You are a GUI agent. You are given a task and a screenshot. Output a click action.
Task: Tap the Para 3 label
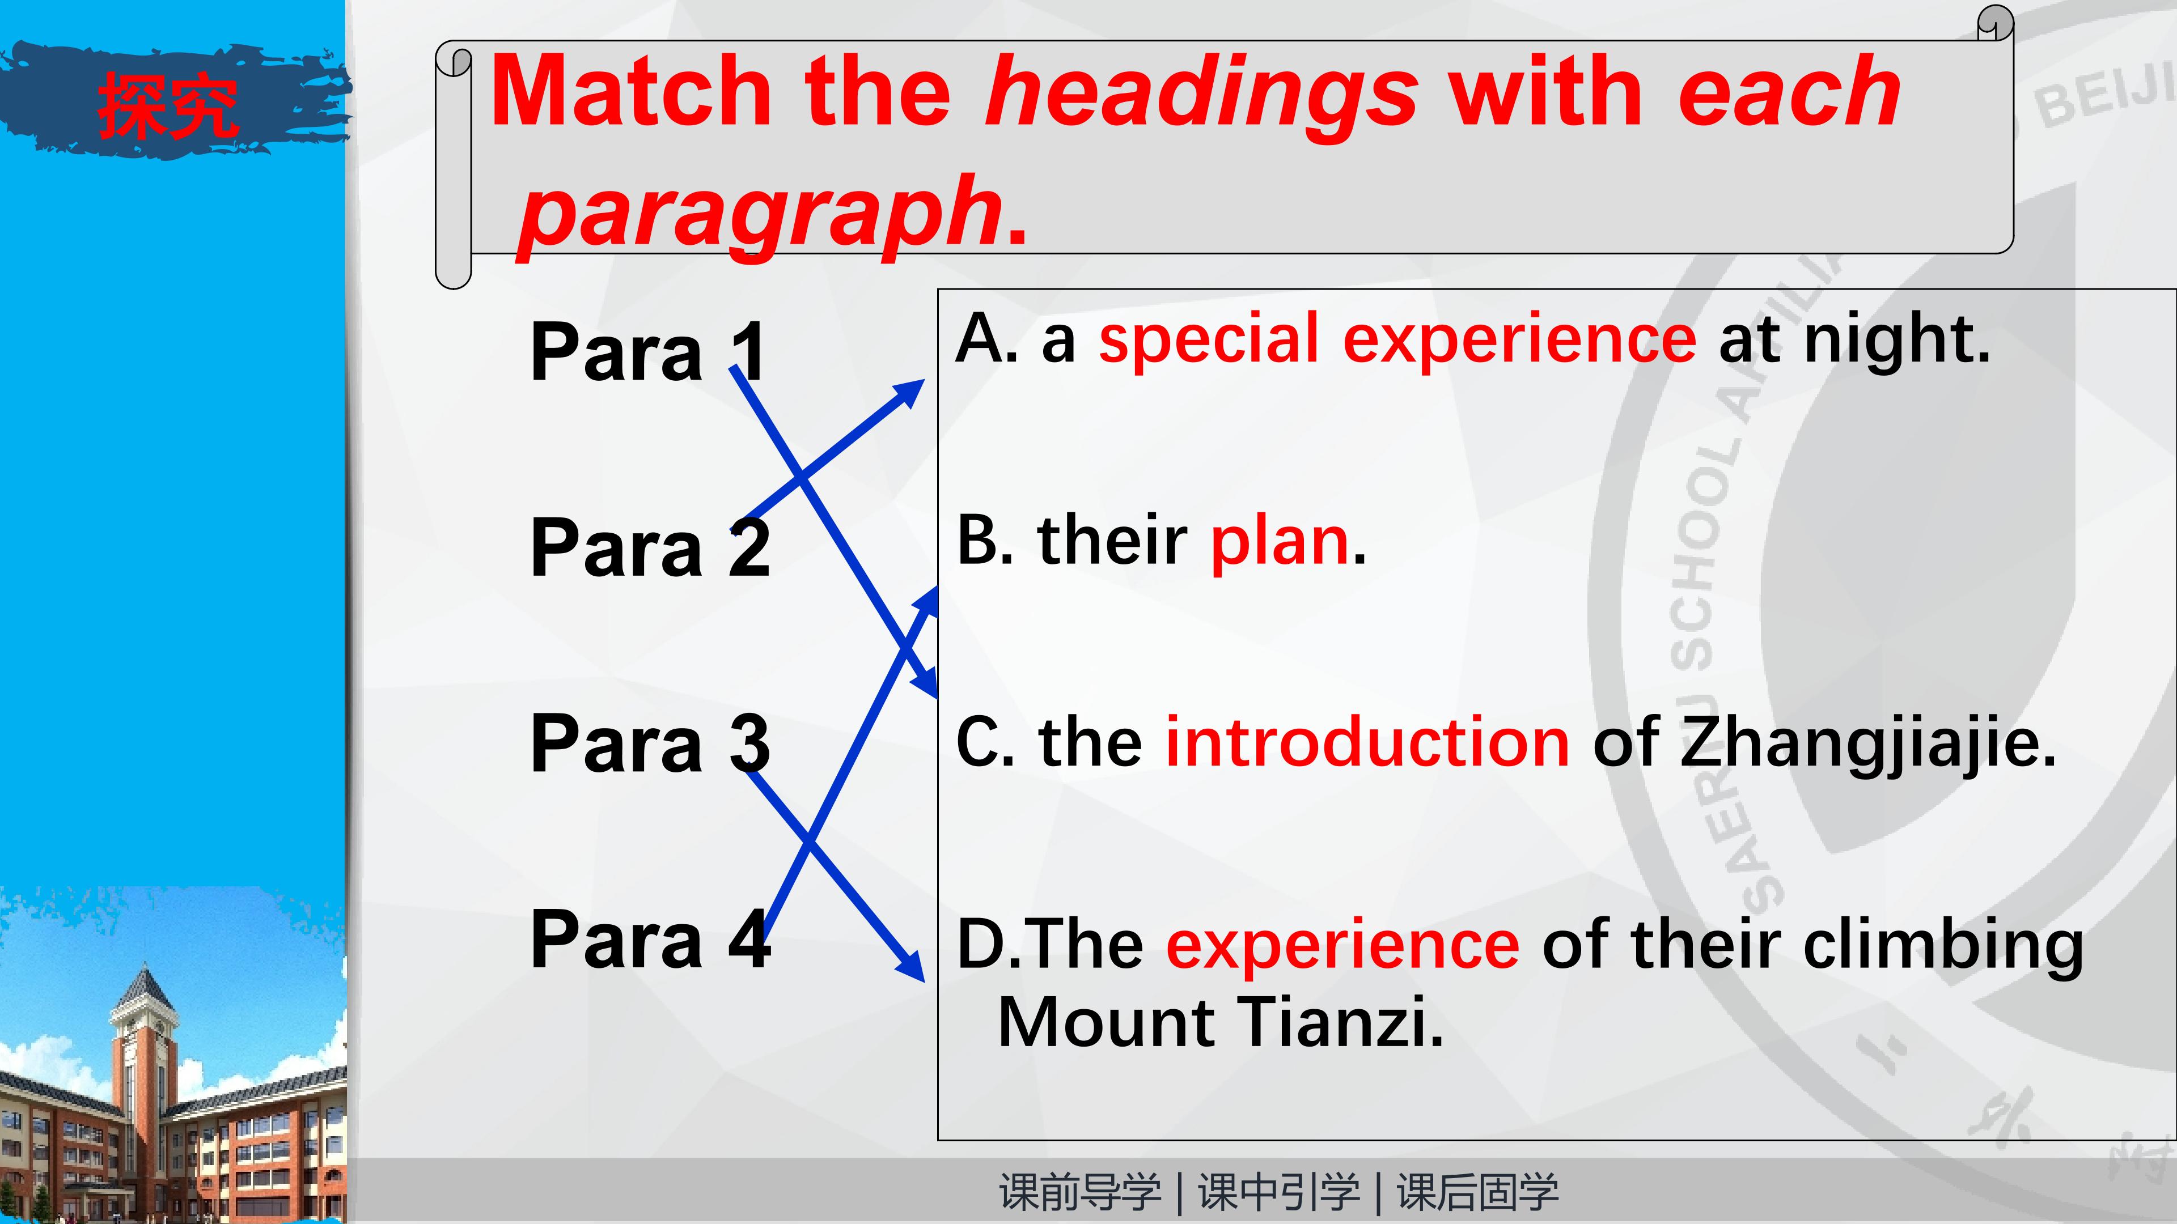650,743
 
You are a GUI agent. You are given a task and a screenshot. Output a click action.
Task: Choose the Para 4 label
650,940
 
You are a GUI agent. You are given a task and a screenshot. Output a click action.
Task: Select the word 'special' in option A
1209,339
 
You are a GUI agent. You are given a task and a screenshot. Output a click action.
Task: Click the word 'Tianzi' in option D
1331,1022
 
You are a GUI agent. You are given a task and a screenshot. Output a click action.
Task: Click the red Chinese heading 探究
167,105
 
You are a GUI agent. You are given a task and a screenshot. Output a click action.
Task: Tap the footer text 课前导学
1080,1192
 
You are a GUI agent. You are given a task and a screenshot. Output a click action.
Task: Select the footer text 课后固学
1477,1192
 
